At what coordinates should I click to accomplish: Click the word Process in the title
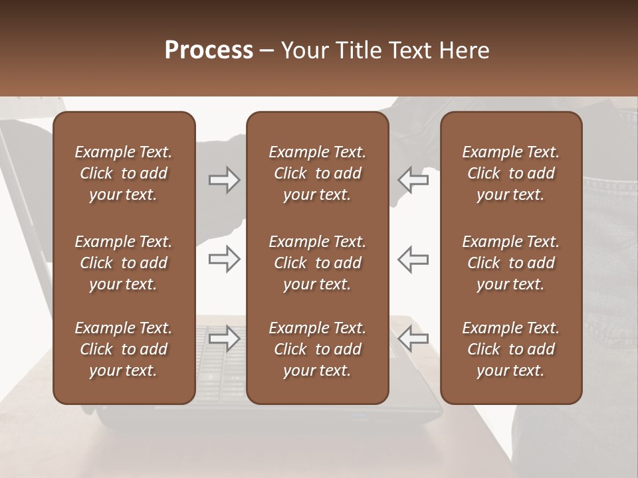209,50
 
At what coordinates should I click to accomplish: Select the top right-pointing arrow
224,180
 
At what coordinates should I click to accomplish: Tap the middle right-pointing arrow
224,259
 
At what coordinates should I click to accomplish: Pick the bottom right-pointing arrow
224,339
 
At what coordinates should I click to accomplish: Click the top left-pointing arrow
413,180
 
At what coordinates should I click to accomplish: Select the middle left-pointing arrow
413,259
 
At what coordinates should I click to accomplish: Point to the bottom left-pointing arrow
413,339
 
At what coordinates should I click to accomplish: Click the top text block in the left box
124,173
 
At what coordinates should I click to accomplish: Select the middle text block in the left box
124,263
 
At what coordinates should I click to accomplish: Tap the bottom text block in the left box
124,349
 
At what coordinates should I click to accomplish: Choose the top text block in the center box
317,173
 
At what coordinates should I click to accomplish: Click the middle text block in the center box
317,263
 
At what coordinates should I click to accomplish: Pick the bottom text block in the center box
317,349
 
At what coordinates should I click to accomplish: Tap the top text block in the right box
510,173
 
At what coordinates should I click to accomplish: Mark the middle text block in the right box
510,263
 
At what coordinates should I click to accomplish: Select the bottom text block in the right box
510,349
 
